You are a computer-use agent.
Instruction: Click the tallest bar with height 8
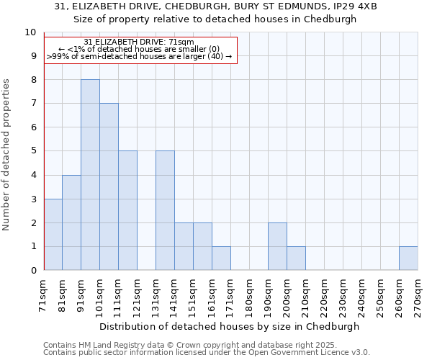pyautogui.click(x=90, y=175)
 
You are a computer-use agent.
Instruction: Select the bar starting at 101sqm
pyautogui.click(x=109, y=186)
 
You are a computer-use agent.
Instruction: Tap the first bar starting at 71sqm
pyautogui.click(x=53, y=234)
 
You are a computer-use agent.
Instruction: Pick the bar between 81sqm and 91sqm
pyautogui.click(x=71, y=222)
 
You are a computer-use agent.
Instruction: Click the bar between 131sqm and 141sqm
pyautogui.click(x=165, y=210)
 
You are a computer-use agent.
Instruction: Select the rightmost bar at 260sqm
pyautogui.click(x=408, y=258)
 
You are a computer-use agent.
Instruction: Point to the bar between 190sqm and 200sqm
pyautogui.click(x=277, y=246)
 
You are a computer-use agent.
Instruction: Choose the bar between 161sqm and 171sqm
pyautogui.click(x=221, y=258)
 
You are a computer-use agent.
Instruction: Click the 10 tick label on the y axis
pyautogui.click(x=30, y=32)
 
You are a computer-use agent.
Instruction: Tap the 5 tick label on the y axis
pyautogui.click(x=33, y=151)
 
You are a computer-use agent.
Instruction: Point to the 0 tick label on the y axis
pyautogui.click(x=33, y=270)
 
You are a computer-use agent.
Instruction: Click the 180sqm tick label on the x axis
pyautogui.click(x=250, y=294)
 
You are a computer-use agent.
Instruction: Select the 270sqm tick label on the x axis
pyautogui.click(x=418, y=294)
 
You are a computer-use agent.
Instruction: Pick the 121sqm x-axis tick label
pyautogui.click(x=138, y=294)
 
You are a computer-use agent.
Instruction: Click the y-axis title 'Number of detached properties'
pyautogui.click(x=7, y=155)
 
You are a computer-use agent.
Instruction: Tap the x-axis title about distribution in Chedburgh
pyautogui.click(x=229, y=326)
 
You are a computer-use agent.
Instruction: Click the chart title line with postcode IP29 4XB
pyautogui.click(x=215, y=6)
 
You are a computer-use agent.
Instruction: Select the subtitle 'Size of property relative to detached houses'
pyautogui.click(x=215, y=19)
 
